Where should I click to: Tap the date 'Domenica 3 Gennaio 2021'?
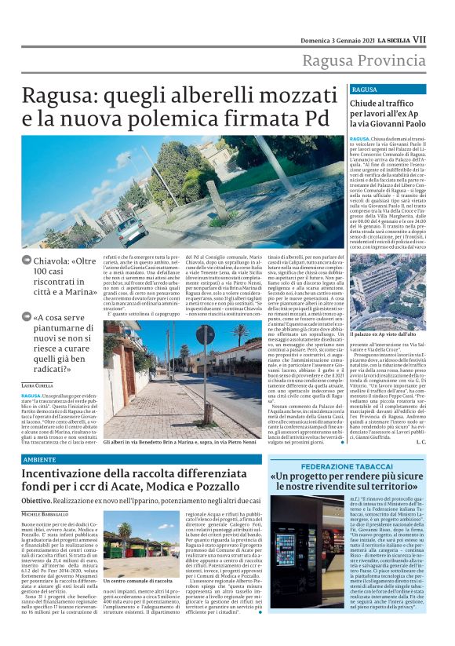pos(344,38)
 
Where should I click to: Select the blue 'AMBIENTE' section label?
pos(39,458)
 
